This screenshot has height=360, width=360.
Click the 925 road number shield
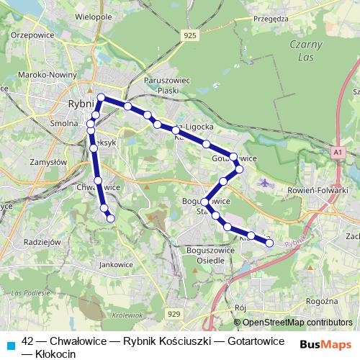click(x=189, y=35)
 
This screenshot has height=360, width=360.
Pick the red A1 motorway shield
click(x=338, y=152)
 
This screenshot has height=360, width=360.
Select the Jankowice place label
click(x=117, y=264)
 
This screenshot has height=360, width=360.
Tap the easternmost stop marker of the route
click(x=270, y=243)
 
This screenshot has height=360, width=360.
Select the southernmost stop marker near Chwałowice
click(x=111, y=218)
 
